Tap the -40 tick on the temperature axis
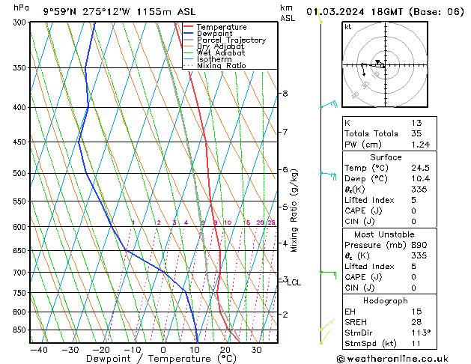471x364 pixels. tap(38, 350)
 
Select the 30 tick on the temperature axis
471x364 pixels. tap(256, 350)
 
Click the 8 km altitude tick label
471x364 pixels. tap(285, 94)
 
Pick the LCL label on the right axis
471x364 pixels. tap(294, 282)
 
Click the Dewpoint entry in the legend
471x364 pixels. tap(215, 34)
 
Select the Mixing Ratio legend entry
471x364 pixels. tap(221, 66)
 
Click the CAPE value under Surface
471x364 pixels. tap(413, 210)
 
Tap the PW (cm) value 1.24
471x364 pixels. tap(419, 145)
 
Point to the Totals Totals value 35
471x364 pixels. tap(416, 133)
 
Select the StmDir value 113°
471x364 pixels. tap(420, 333)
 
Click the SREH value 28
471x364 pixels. tap(416, 322)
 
